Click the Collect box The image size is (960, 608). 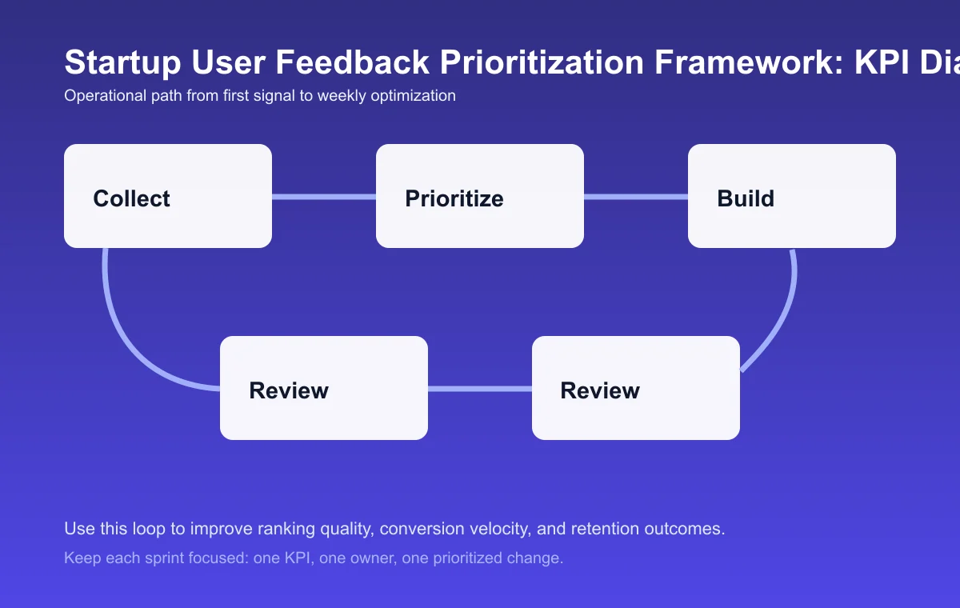pos(168,196)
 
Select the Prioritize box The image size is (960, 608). pos(480,196)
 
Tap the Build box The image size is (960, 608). pos(792,196)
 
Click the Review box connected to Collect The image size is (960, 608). pos(324,388)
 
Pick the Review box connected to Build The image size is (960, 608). pos(636,388)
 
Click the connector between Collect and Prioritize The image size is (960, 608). pos(324,196)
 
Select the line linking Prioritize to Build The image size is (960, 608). pos(636,196)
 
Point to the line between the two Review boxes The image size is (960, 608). pos(480,389)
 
